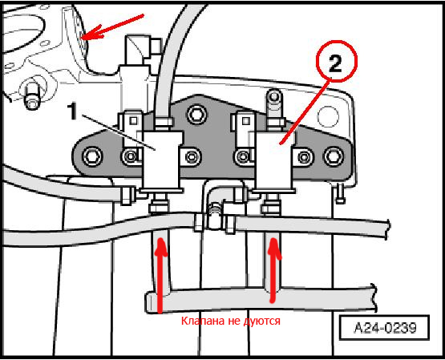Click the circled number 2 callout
[336, 62]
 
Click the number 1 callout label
[73, 111]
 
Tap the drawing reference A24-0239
[385, 328]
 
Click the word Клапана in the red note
[201, 321]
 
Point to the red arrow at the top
[112, 26]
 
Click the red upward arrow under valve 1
[160, 276]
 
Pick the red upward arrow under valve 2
[273, 270]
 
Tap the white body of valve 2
[274, 162]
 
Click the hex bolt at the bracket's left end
[92, 156]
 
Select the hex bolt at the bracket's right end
[334, 156]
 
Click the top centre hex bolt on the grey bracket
[197, 115]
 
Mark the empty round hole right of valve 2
[328, 116]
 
